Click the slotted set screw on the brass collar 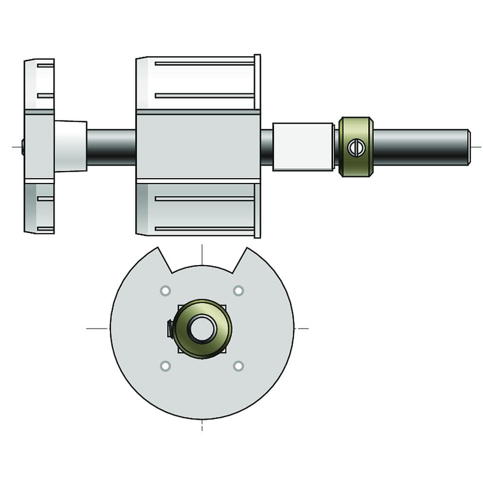(x=356, y=148)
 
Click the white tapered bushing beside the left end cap (x=70, y=146)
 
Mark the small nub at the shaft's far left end (x=23, y=147)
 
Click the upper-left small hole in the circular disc (x=165, y=291)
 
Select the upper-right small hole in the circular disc (x=239, y=291)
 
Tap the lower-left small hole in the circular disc (x=165, y=366)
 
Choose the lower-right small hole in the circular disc (x=239, y=366)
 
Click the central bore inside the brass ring (x=202, y=328)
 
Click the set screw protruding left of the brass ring (x=170, y=328)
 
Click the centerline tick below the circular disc (x=202, y=425)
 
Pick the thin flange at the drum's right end (x=257, y=146)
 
